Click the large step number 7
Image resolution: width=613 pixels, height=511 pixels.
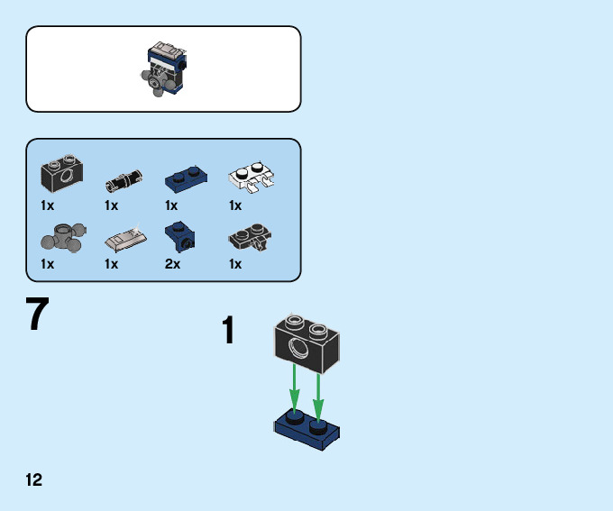[x=37, y=315]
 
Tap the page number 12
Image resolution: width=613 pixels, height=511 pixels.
[x=34, y=479]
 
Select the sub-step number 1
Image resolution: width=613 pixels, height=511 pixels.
[x=229, y=331]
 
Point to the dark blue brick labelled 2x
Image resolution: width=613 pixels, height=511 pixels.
[x=178, y=235]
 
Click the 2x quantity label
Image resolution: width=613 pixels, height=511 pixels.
[x=172, y=264]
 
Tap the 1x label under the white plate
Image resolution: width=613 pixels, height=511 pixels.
[x=235, y=205]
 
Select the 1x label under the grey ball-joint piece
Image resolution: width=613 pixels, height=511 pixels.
[x=47, y=264]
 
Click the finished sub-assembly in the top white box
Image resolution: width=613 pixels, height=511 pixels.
[x=163, y=68]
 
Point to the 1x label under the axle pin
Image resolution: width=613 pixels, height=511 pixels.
[x=112, y=205]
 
